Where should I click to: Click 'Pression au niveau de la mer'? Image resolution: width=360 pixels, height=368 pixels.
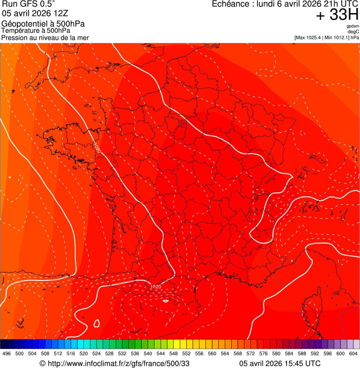click(45, 38)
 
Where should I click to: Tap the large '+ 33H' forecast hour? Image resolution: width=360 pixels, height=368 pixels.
click(337, 15)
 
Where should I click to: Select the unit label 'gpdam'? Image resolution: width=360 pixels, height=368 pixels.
click(353, 26)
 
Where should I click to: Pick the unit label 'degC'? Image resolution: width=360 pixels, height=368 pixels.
click(353, 31)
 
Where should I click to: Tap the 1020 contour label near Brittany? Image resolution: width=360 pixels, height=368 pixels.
click(97, 147)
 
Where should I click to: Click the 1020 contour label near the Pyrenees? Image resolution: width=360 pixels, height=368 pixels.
click(155, 287)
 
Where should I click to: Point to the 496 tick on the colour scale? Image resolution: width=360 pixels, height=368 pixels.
click(7, 353)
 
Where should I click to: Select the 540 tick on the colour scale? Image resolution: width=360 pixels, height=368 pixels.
click(148, 353)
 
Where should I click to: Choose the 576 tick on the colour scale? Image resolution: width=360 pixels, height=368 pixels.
click(264, 353)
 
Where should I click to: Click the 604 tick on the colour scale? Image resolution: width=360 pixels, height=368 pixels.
click(353, 353)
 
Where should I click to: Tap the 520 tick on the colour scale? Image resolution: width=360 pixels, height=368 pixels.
click(84, 353)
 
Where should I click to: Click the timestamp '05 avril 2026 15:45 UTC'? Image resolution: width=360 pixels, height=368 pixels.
click(280, 363)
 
